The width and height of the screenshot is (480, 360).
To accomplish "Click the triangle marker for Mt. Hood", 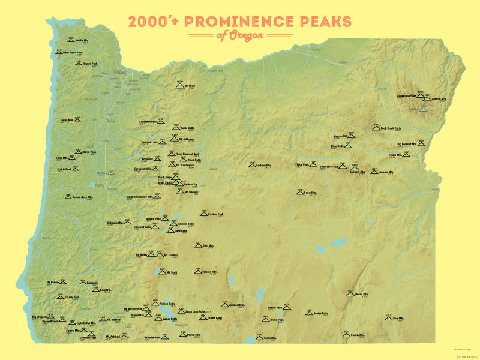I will pos(179,87).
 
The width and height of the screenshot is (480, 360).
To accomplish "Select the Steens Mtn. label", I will pos(362,295).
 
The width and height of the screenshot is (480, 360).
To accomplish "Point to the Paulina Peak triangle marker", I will pos(204,214).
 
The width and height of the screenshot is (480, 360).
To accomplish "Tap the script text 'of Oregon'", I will pos(240,36).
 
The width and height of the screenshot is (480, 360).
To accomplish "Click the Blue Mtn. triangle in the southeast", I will pos(388,319).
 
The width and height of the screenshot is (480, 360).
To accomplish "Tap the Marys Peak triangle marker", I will pos(78,152).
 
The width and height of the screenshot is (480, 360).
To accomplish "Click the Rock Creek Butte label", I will pos(391,128).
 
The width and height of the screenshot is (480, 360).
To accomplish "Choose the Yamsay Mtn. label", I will pos(205,271).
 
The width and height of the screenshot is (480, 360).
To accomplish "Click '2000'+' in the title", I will pos(154,22).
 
